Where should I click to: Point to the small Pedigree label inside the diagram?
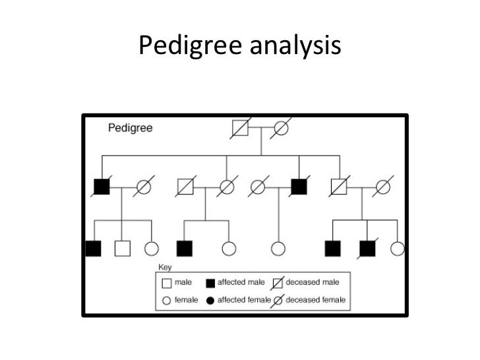pos(130,128)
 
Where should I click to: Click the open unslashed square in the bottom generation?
pos(122,249)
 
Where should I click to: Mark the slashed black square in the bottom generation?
pos(367,249)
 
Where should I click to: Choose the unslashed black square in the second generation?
pos(299,187)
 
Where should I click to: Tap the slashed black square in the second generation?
pos(101,187)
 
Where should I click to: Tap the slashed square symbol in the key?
pos(278,283)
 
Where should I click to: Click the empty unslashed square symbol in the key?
pos(166,283)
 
